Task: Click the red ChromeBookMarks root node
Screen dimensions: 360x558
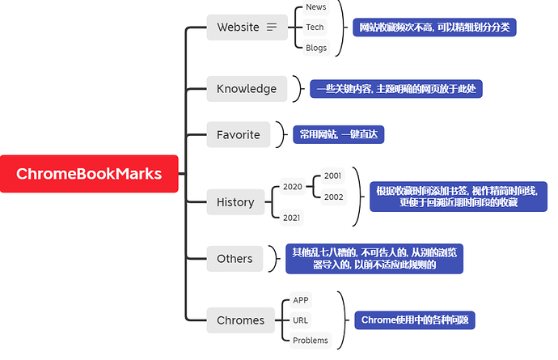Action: tap(89, 173)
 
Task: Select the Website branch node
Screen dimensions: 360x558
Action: tap(238, 28)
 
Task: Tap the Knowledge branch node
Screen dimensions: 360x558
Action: tap(247, 89)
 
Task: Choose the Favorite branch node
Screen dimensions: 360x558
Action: tap(239, 135)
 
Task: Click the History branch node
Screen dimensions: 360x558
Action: tap(235, 202)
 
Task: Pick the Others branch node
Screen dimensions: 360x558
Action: tap(235, 259)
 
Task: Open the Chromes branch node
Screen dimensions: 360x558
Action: tap(240, 320)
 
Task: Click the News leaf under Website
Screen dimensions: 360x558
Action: tap(316, 7)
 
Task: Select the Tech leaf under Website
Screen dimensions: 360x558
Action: tap(315, 28)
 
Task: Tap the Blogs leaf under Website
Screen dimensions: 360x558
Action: tap(316, 48)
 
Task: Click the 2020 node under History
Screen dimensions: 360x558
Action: tap(293, 187)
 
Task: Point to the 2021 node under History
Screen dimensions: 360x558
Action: tap(293, 218)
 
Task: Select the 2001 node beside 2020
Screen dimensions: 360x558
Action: tap(332, 176)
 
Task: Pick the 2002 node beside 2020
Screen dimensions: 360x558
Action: tap(332, 197)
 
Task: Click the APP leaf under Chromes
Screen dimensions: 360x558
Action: tap(301, 300)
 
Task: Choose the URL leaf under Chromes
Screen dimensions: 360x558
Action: tap(301, 320)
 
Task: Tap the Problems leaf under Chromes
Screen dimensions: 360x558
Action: tap(311, 341)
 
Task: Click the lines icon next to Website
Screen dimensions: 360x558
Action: tap(272, 28)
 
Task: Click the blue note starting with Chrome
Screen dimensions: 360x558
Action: tap(414, 320)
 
